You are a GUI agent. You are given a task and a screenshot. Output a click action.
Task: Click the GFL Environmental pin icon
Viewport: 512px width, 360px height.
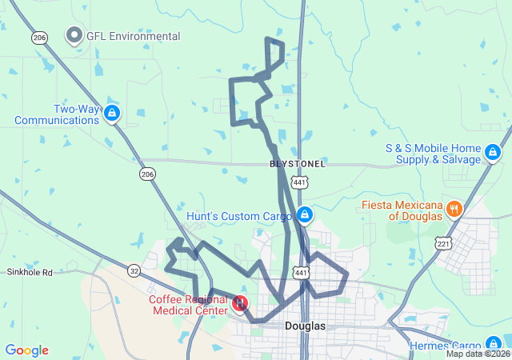coord(75,35)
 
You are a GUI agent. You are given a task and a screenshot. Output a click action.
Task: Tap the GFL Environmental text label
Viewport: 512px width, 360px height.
coord(133,36)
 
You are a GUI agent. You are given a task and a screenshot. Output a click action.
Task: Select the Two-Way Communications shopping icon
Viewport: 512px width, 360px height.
coord(112,114)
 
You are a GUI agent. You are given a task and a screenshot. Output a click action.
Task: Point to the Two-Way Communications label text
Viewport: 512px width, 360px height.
coord(56,114)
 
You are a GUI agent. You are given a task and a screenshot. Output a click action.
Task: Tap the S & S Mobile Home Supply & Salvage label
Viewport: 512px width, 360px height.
coord(433,154)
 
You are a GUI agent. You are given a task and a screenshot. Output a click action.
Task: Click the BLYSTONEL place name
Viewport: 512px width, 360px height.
coord(298,163)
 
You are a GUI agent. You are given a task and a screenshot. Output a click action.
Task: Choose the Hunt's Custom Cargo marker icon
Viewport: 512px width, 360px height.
coord(304,215)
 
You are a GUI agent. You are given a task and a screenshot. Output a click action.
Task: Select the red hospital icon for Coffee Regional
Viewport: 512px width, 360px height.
coord(240,304)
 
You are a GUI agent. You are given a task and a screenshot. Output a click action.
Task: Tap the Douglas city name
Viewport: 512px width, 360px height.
coord(305,326)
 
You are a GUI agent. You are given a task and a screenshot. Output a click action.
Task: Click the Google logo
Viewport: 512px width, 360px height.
coord(26,350)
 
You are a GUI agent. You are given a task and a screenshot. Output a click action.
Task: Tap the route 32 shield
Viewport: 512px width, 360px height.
coord(134,271)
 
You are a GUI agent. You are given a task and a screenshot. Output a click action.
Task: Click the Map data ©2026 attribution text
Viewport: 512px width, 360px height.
coord(477,354)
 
